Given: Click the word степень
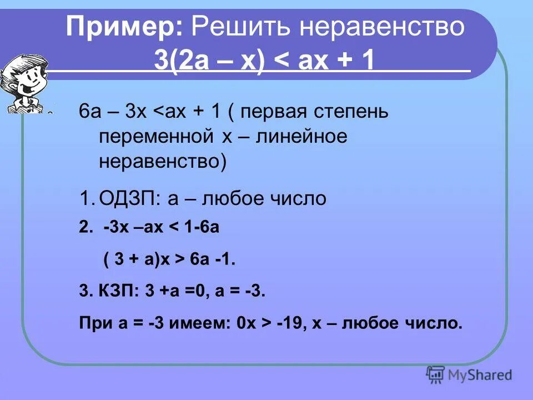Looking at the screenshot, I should [356, 113].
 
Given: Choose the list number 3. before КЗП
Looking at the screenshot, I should [85, 292].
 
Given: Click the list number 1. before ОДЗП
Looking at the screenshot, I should [86, 198].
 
